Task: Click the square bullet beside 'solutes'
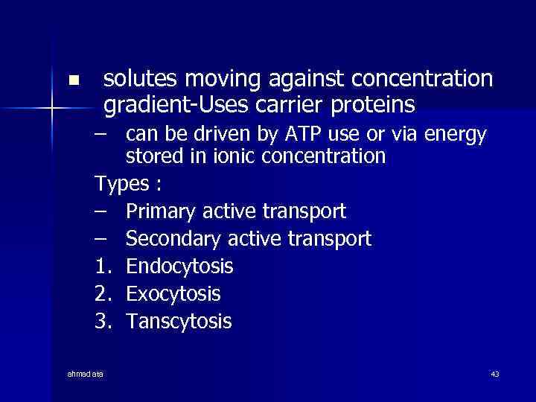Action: point(72,80)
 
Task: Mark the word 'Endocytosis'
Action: point(179,267)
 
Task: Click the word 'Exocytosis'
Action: point(173,294)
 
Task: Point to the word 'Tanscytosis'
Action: point(179,322)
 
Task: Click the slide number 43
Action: point(495,374)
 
